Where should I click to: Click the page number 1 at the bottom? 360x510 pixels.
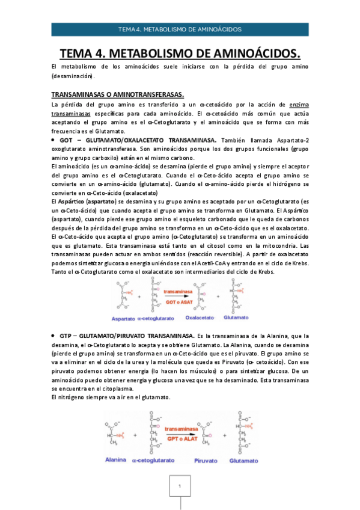pos(180,484)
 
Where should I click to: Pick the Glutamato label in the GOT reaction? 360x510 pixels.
pos(236,316)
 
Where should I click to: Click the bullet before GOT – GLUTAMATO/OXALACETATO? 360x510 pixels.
pos(53,140)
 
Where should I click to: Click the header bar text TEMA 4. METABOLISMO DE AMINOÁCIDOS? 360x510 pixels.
pos(180,29)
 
